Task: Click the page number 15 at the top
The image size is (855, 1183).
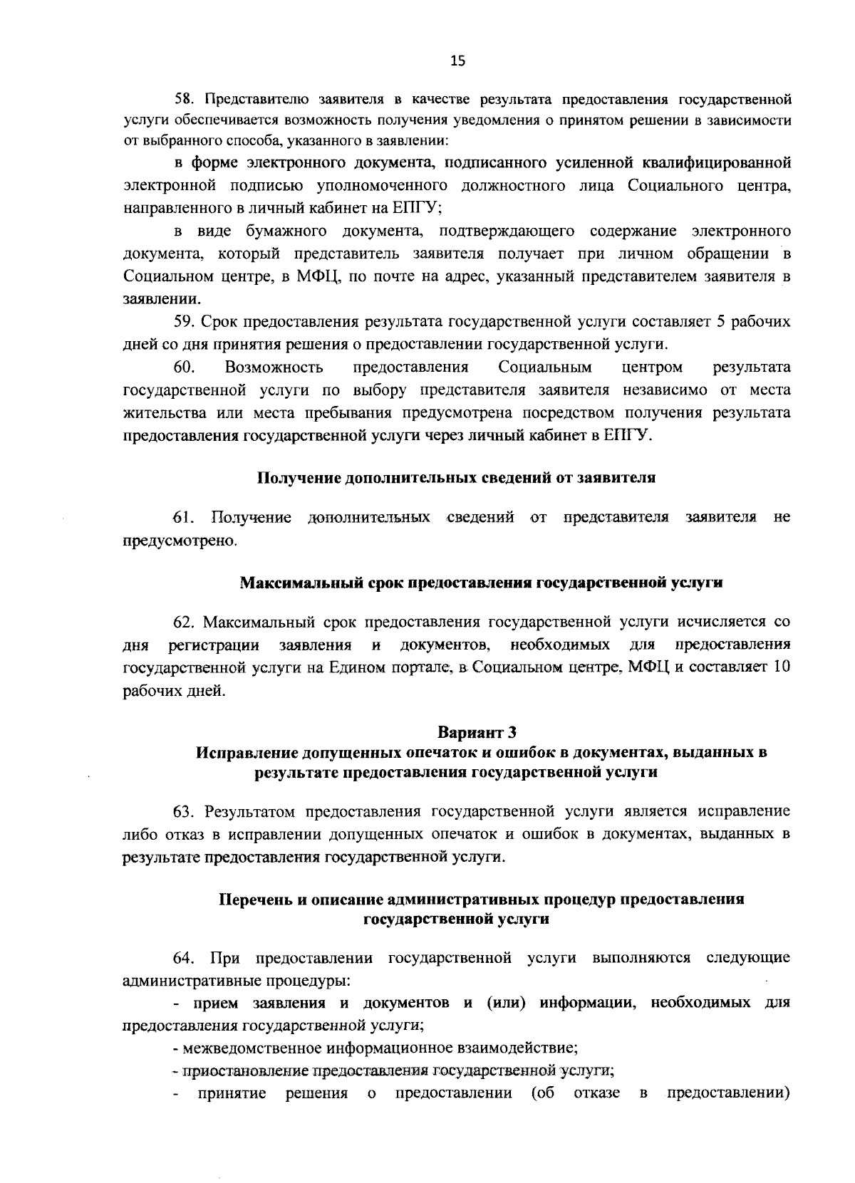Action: pos(457,62)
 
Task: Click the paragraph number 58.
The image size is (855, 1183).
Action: pos(184,97)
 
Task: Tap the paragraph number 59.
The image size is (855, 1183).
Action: pos(184,322)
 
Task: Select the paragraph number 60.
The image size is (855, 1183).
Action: pos(185,368)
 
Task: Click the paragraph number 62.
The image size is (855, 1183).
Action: pos(185,622)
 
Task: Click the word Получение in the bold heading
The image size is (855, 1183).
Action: pos(298,479)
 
